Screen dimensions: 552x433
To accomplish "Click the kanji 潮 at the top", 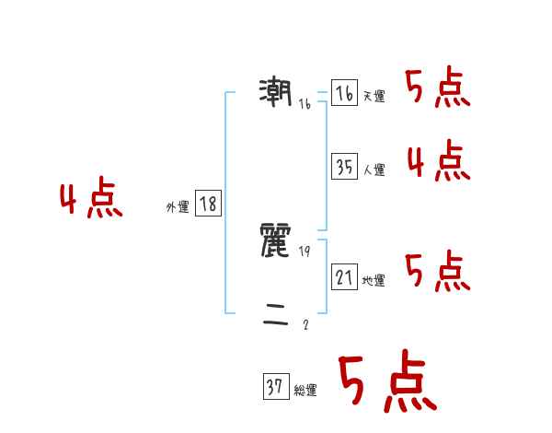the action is point(276,92).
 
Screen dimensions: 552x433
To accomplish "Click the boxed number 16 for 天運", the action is point(344,94).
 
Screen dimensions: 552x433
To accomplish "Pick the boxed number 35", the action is point(344,167).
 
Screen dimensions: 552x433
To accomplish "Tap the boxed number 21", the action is point(344,276).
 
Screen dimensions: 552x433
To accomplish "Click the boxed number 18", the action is point(208,204).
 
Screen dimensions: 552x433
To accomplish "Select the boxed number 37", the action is point(275,387).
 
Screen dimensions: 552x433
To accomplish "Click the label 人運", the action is point(374,170).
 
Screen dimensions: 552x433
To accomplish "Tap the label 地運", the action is point(374,280).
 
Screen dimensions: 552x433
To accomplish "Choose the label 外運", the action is point(178,207).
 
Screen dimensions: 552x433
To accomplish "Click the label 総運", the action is point(305,391).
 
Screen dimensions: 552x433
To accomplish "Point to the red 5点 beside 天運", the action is point(438,89).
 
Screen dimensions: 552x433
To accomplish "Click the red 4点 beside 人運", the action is point(438,162).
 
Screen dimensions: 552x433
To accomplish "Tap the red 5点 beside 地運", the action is point(438,272).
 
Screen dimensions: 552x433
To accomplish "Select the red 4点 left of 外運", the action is point(91,200).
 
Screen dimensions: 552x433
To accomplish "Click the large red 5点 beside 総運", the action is point(386,382).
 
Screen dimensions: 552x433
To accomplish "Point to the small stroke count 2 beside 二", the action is point(305,324).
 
